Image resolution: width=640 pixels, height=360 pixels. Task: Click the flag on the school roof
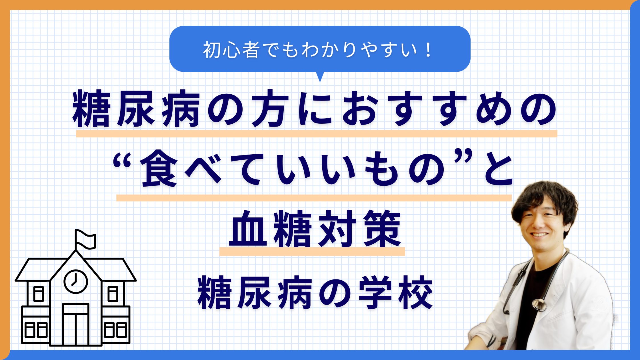85,239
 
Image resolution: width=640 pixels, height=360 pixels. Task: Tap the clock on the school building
75,281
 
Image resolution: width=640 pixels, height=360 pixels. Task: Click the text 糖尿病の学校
315,293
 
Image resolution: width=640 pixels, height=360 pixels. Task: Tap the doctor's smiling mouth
539,235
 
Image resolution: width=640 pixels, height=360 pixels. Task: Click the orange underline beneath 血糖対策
312,251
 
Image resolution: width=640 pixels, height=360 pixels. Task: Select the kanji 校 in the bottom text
416,293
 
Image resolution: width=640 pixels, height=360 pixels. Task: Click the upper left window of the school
39,294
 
